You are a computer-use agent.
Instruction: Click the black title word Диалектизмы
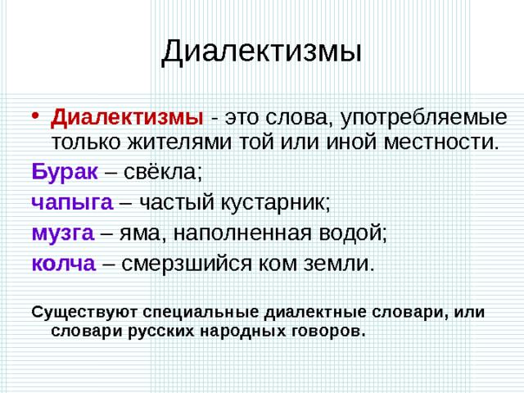[x=261, y=52]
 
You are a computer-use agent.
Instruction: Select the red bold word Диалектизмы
[x=127, y=118]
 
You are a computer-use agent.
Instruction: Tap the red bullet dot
[x=35, y=115]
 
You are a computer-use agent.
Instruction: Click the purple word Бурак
[x=65, y=172]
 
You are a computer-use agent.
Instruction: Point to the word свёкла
[x=163, y=171]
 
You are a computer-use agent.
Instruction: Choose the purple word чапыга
[x=72, y=202]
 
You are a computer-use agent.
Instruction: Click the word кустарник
[x=276, y=202]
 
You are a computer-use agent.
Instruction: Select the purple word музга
[x=63, y=233]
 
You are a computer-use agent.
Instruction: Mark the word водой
[x=353, y=233]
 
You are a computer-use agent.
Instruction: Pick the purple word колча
[x=64, y=264]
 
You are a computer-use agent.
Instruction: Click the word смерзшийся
[x=186, y=264]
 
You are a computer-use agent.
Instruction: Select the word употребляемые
[x=424, y=118]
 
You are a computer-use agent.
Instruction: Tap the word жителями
[x=179, y=142]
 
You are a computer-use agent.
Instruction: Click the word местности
[x=440, y=142]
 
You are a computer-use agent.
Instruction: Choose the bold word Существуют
[x=84, y=313]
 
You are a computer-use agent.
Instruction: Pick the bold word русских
[x=161, y=332]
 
